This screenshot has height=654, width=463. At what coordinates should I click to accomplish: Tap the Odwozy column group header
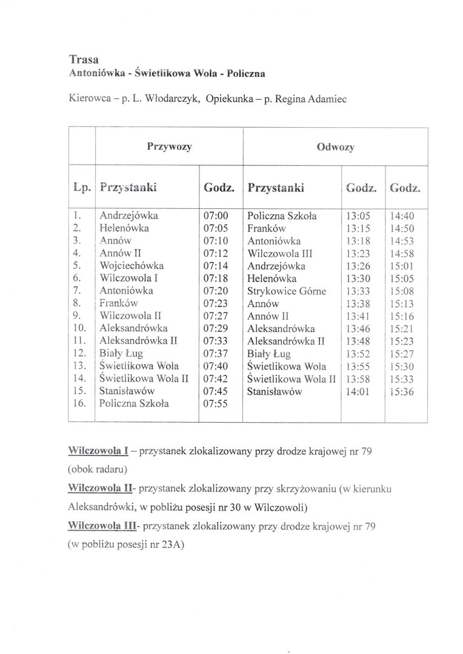(x=336, y=146)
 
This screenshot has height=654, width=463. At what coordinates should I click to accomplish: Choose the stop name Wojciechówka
(x=132, y=265)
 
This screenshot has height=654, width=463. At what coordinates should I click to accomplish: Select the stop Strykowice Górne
(x=287, y=291)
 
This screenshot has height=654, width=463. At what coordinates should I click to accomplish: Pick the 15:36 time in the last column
(x=402, y=391)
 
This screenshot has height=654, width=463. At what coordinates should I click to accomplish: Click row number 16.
(x=79, y=403)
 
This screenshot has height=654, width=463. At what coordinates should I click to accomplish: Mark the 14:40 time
(x=402, y=215)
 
